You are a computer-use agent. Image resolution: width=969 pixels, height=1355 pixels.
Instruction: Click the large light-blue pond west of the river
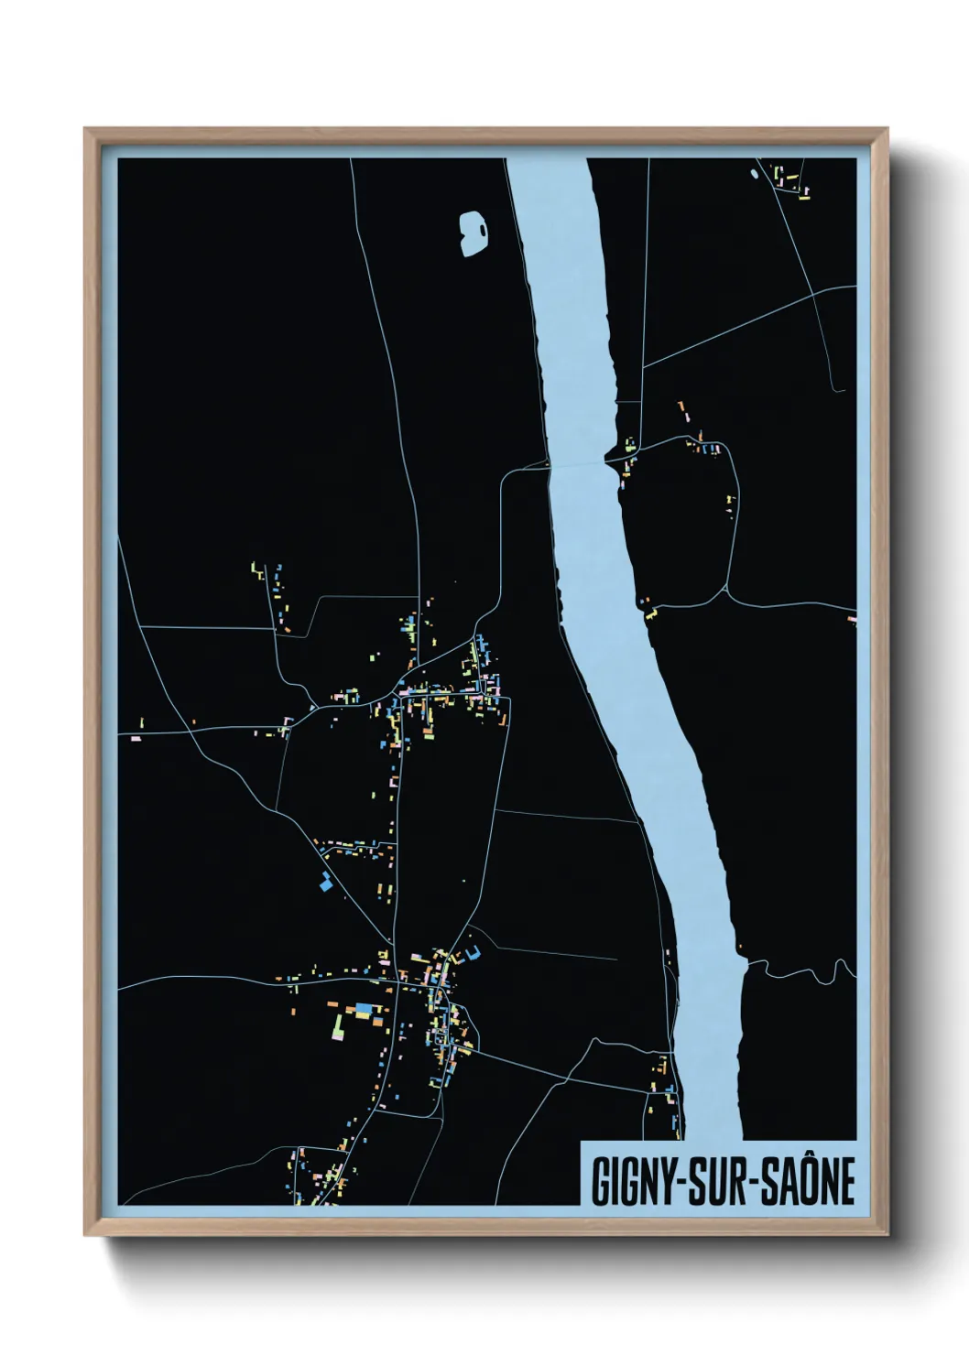coord(473,232)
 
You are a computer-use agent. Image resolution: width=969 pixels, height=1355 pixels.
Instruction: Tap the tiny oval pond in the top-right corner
coord(755,173)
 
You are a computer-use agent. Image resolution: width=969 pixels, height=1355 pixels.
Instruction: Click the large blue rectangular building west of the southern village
coord(365,1008)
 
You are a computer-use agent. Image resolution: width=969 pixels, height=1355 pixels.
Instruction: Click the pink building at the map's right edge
coord(852,621)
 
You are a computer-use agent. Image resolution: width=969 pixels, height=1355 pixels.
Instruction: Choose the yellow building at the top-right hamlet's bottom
coord(805,193)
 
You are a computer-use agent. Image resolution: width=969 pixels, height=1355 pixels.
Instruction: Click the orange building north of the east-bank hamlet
coord(680,406)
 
